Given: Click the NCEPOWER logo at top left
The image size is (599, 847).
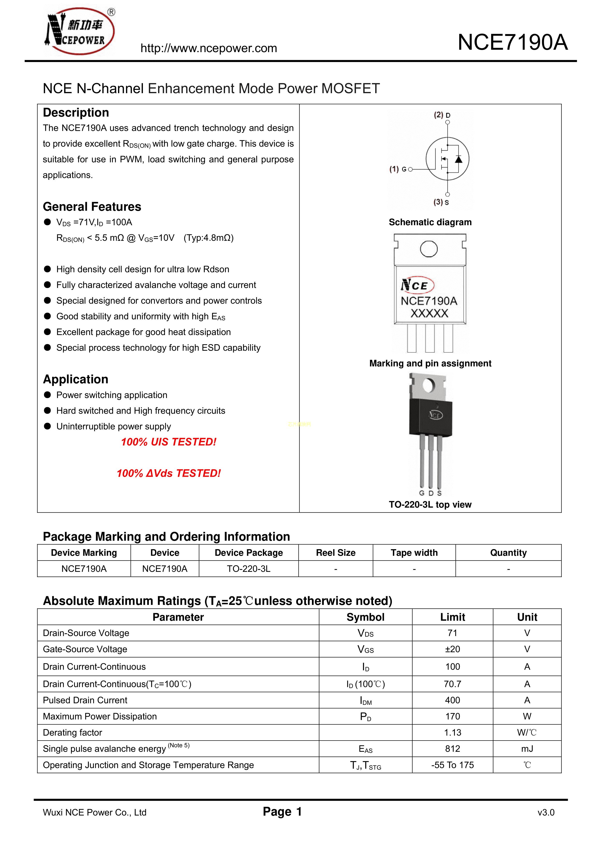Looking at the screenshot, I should tap(80, 31).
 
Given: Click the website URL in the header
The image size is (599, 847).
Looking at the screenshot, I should tap(209, 48).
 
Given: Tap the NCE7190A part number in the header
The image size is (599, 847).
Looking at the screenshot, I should tap(512, 42).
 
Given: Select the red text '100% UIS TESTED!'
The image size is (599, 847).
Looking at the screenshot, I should tap(169, 442).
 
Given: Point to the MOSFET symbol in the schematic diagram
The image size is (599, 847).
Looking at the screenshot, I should tap(447, 159).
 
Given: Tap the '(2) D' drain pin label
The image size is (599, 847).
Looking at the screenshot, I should tap(442, 115).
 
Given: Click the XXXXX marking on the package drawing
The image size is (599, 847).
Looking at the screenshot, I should tap(429, 314).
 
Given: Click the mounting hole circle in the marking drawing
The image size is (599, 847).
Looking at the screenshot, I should tap(429, 249).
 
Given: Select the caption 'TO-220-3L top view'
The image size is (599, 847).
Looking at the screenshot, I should tap(430, 505).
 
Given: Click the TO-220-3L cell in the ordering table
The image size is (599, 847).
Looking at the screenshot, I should tap(248, 569).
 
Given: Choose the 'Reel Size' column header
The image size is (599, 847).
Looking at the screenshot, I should tap(336, 553).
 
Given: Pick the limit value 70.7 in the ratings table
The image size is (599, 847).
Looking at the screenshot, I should tap(452, 684).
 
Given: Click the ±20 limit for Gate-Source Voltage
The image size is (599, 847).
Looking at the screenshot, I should tap(452, 649).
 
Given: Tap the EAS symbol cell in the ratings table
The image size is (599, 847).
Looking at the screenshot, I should tap(365, 749).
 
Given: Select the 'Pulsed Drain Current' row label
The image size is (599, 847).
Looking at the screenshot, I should tap(85, 700).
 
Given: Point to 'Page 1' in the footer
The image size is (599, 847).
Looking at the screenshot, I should tap(282, 812).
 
